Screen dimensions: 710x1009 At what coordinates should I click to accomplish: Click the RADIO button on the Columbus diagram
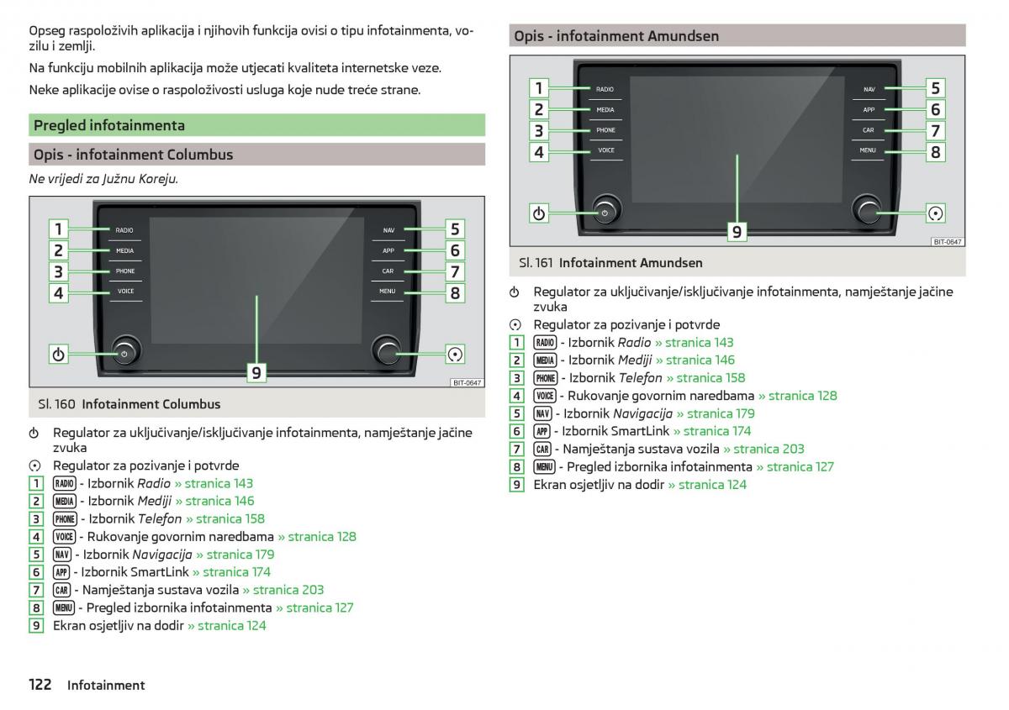pos(124,230)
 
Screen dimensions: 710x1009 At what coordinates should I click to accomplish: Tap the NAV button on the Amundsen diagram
pos(869,89)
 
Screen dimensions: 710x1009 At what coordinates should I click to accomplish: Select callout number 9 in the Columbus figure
pos(256,372)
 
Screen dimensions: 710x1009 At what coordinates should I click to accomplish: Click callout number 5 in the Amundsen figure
pos(935,88)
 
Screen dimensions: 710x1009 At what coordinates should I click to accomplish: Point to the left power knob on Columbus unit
pos(124,354)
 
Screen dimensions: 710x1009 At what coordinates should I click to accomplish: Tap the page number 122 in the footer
pos(40,685)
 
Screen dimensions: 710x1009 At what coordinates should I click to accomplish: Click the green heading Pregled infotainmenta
pos(109,126)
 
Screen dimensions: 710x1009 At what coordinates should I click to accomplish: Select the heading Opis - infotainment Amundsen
pos(616,36)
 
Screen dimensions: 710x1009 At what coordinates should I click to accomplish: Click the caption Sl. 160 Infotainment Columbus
pos(129,404)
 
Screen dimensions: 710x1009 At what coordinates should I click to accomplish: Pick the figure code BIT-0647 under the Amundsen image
pos(948,242)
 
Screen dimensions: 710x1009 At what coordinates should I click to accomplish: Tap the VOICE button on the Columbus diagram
pos(125,292)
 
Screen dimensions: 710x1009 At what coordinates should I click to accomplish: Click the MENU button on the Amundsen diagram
pos(868,150)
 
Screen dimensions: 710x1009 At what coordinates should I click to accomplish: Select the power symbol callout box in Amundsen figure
pos(539,213)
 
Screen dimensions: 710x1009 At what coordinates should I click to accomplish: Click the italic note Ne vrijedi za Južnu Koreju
pos(103,179)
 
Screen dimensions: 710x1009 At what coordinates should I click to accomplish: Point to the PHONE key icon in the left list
pos(65,519)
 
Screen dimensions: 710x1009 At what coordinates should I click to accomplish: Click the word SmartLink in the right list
pos(640,431)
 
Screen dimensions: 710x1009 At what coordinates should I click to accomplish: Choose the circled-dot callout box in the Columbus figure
pos(455,355)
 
